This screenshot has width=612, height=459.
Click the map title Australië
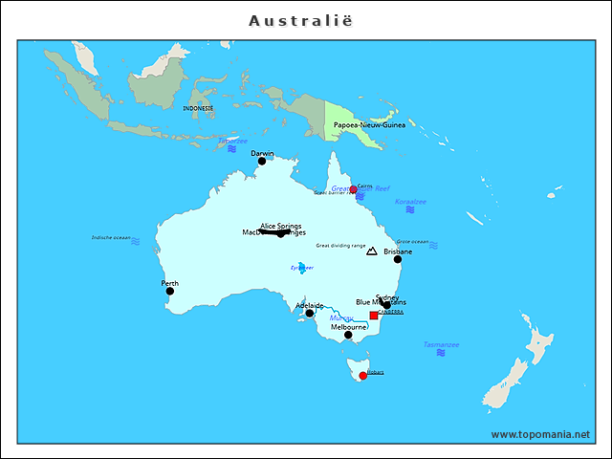[306, 20]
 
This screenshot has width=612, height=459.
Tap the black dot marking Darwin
[262, 161]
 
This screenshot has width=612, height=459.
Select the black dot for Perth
[171, 291]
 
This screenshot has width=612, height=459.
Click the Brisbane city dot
[398, 259]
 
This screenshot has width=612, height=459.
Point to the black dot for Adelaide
[309, 313]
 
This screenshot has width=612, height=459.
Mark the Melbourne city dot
[348, 335]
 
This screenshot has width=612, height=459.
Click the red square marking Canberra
[374, 315]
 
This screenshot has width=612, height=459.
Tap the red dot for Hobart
[362, 376]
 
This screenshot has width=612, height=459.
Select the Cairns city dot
[353, 189]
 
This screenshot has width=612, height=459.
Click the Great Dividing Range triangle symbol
[372, 251]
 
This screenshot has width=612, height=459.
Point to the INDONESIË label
[199, 108]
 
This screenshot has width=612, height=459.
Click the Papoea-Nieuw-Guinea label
[369, 124]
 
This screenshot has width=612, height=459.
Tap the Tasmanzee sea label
[441, 344]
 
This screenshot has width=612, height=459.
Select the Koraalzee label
[410, 201]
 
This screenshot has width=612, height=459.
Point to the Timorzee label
[231, 141]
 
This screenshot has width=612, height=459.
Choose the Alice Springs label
[281, 226]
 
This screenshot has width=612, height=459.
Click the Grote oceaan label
[412, 242]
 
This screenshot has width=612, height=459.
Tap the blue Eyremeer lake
[303, 268]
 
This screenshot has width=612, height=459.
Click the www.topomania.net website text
[540, 434]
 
